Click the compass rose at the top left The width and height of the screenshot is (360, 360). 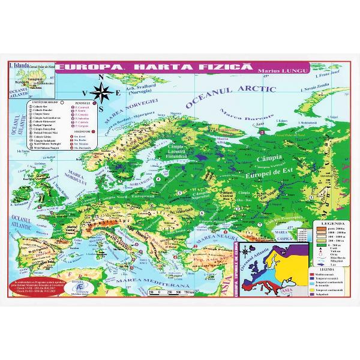[x=104, y=92]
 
